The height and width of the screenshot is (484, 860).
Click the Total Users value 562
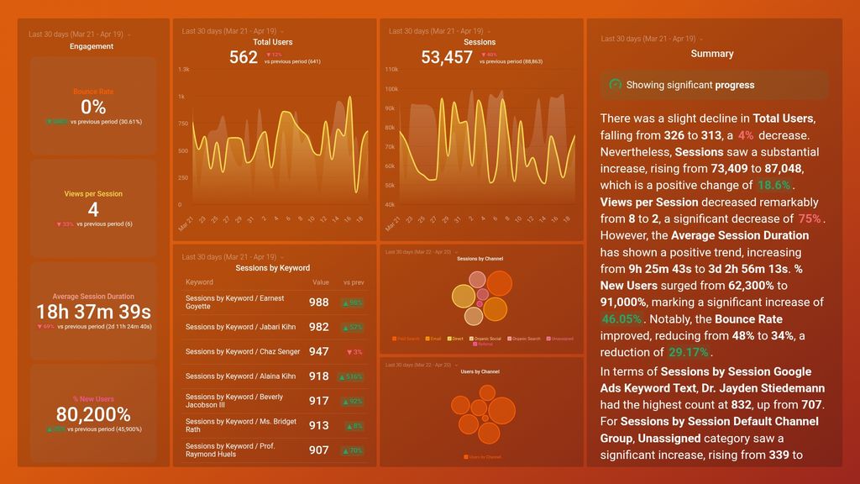244,57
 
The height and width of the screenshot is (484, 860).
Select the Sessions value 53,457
447,57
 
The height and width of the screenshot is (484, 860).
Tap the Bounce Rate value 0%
93,107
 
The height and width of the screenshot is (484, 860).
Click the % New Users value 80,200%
93,414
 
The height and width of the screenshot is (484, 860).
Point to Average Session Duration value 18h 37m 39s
93,312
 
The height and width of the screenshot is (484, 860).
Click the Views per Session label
93,194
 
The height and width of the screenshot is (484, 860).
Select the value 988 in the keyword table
318,302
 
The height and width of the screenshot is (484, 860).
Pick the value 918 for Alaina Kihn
318,376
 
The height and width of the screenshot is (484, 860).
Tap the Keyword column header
199,282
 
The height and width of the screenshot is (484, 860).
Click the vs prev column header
352,282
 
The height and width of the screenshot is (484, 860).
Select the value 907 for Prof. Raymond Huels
318,450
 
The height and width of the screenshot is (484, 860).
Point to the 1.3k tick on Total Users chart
184,70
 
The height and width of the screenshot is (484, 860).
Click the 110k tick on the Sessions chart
391,70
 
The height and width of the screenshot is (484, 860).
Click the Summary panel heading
712,54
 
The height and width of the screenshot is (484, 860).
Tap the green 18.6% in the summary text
773,186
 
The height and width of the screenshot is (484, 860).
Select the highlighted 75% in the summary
810,218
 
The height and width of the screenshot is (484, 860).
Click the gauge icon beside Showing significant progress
615,85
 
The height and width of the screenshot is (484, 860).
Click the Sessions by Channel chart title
480,259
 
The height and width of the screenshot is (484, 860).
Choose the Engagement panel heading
92,46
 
